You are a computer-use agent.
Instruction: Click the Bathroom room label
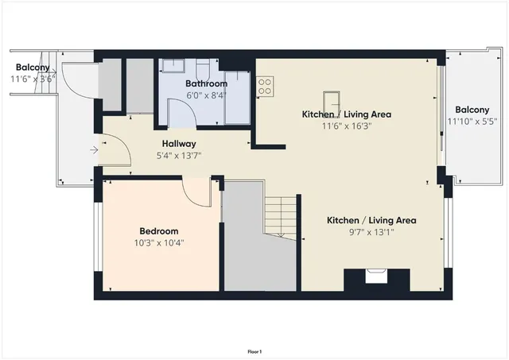206,83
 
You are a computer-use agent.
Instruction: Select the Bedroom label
160,231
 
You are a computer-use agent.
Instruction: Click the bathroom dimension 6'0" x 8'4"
206,95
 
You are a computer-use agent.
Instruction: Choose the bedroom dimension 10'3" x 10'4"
160,242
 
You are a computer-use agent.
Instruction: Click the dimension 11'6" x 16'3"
346,126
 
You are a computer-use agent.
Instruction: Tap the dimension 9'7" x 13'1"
371,232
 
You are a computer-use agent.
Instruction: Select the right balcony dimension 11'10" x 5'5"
472,121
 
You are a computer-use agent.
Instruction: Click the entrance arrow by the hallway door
94,149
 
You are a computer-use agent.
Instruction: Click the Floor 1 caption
254,350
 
